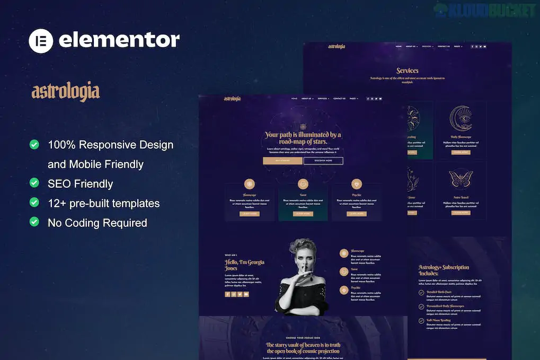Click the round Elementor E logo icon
[41, 41]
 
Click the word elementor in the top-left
[119, 40]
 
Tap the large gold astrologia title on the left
[66, 92]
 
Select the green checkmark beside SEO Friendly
[34, 183]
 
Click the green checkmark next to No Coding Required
[34, 222]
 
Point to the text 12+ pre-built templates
[103, 203]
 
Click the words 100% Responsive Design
[110, 145]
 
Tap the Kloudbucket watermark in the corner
[485, 10]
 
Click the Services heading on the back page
[407, 71]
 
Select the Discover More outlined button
[323, 161]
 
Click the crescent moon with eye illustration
[461, 119]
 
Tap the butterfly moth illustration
[460, 178]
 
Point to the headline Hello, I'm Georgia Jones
[244, 265]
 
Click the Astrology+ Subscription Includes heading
[444, 270]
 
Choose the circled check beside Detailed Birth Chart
[421, 293]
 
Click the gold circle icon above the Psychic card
[356, 183]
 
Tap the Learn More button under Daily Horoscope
[461, 152]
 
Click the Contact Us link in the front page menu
[339, 99]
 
